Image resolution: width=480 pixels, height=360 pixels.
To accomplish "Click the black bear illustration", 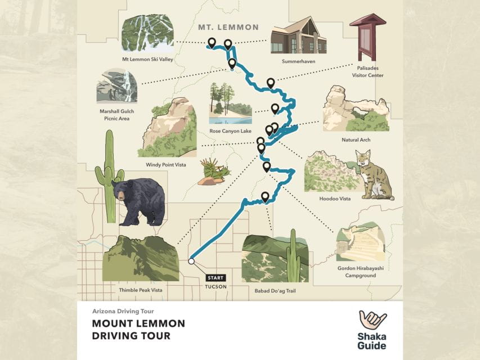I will (x=138, y=201).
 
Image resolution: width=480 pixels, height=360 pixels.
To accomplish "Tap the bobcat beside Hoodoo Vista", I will (x=372, y=175).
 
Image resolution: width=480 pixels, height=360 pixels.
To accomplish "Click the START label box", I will (x=216, y=277).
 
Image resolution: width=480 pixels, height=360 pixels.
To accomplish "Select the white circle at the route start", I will (x=191, y=261).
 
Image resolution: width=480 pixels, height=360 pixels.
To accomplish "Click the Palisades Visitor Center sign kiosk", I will (x=367, y=37).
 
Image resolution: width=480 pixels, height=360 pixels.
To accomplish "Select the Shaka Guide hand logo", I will (x=372, y=322).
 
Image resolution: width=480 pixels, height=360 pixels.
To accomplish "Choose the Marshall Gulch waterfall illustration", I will (x=116, y=87).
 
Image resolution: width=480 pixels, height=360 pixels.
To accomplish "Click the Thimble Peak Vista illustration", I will (x=141, y=258).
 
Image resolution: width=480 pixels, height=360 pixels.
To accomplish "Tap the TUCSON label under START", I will (x=216, y=286).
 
